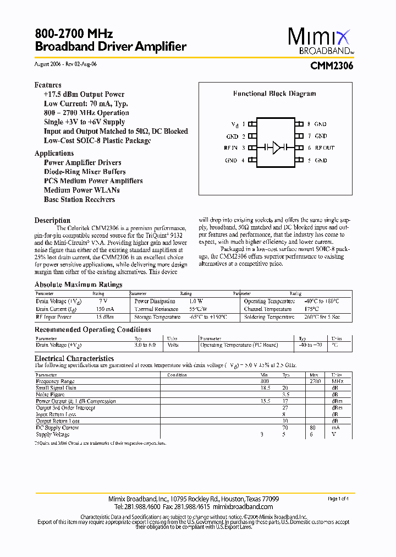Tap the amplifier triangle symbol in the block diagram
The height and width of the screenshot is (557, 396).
pos(277,148)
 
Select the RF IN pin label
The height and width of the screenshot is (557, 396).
pos(230,148)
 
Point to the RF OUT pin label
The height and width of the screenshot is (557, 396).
pos(324,148)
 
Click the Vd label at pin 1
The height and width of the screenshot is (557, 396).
pos(235,124)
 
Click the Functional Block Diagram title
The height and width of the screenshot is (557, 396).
pos(274,94)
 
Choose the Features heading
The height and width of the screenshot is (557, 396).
pos(48,85)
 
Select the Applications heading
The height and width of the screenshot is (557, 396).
pos(54,154)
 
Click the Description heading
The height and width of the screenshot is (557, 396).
pos(52,220)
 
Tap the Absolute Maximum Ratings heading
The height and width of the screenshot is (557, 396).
pos(78,285)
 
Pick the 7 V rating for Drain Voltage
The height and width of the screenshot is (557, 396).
pos(103,302)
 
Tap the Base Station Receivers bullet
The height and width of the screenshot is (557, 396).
pos(79,199)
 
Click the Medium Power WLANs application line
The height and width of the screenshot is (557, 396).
pos(81,190)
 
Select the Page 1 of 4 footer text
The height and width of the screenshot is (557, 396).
pos(338,499)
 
